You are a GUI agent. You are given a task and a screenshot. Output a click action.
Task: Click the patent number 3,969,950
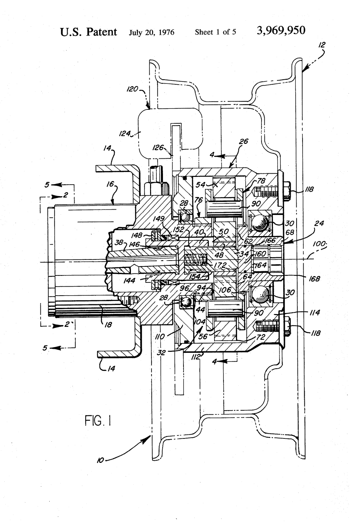click(x=281, y=31)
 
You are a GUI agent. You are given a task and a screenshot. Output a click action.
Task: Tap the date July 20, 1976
click(x=152, y=32)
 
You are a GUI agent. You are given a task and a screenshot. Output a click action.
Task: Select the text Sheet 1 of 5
click(x=215, y=32)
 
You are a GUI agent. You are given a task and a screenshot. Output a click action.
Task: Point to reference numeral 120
click(x=133, y=89)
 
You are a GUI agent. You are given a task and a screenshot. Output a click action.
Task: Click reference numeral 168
click(x=314, y=279)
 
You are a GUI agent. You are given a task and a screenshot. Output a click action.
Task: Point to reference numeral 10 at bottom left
click(x=100, y=460)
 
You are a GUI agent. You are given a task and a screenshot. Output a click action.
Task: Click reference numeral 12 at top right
click(x=322, y=45)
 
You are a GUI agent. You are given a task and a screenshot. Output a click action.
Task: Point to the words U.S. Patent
click(x=88, y=32)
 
